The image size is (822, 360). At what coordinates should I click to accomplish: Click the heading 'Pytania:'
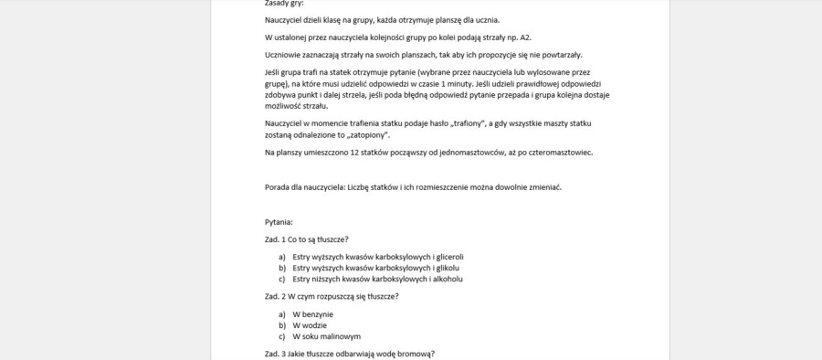[278, 221]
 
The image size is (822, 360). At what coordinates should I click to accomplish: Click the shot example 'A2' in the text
[524, 37]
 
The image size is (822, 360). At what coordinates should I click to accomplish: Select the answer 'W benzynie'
[313, 313]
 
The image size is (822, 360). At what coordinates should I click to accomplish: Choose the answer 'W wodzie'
[310, 324]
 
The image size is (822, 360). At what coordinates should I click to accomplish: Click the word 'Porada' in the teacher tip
[278, 187]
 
